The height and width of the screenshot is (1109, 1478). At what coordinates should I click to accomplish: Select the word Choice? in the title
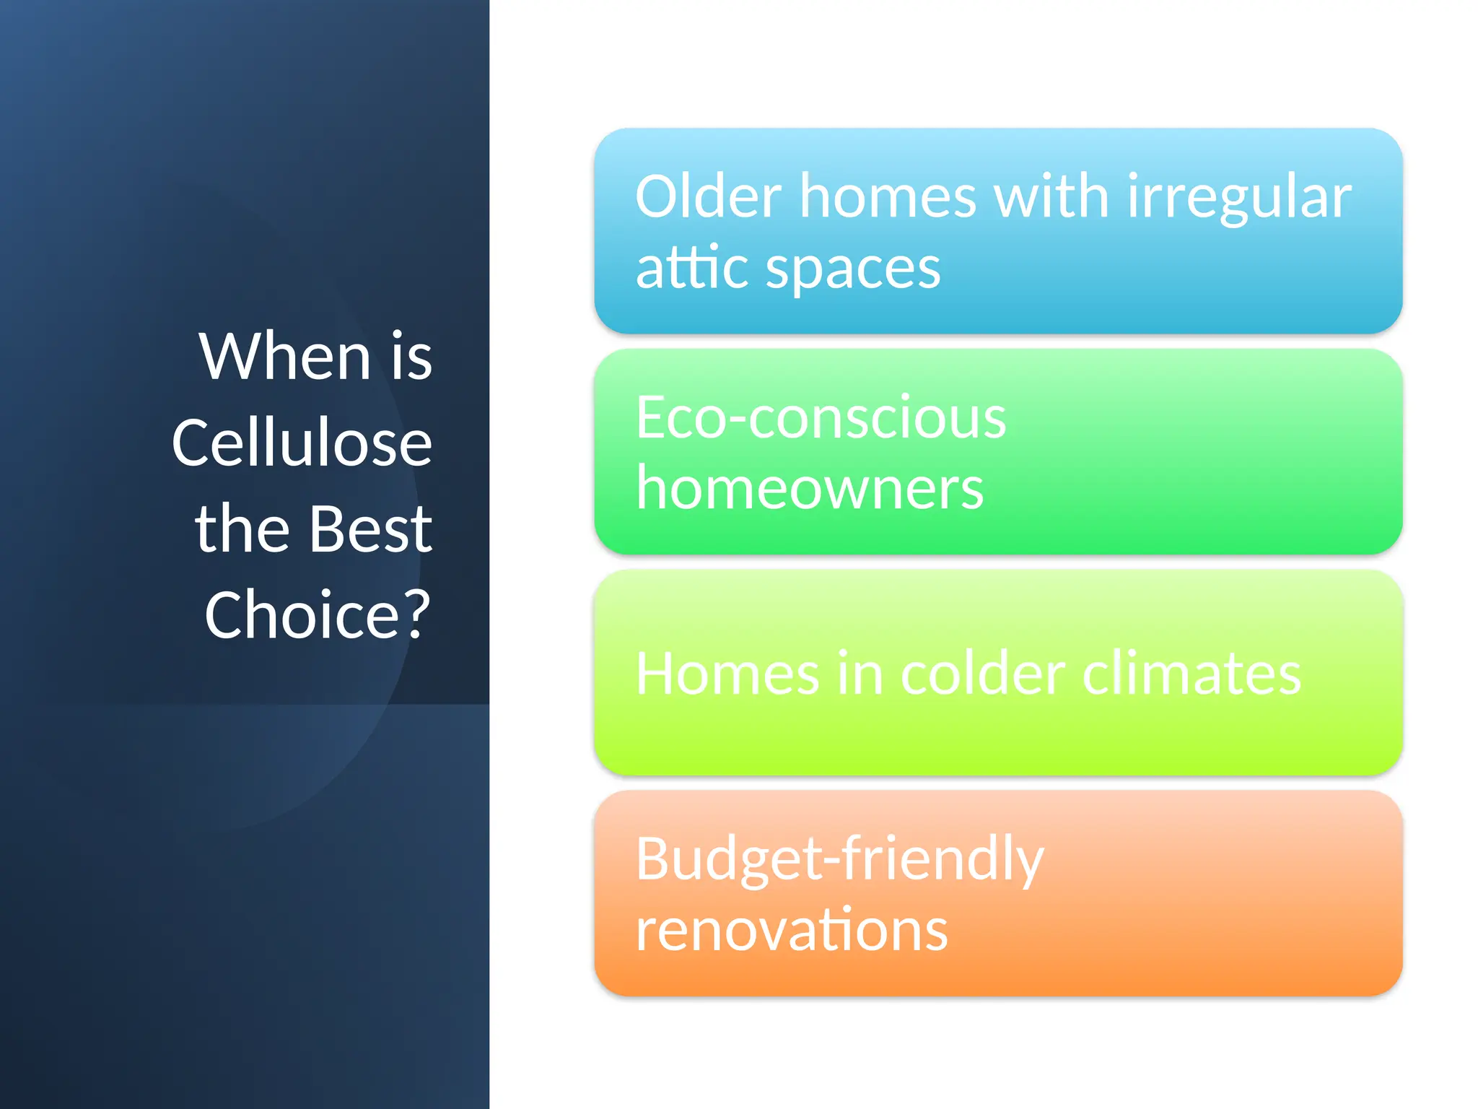(x=318, y=614)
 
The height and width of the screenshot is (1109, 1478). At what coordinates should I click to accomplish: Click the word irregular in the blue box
(x=1238, y=199)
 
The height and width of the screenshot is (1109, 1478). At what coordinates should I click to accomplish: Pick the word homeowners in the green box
(x=810, y=488)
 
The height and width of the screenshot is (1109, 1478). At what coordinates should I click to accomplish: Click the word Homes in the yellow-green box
(x=727, y=673)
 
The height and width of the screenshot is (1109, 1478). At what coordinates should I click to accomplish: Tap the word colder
(x=984, y=673)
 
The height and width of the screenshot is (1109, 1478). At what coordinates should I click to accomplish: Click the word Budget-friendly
(x=839, y=859)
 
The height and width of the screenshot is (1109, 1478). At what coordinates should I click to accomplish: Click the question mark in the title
(x=416, y=614)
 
